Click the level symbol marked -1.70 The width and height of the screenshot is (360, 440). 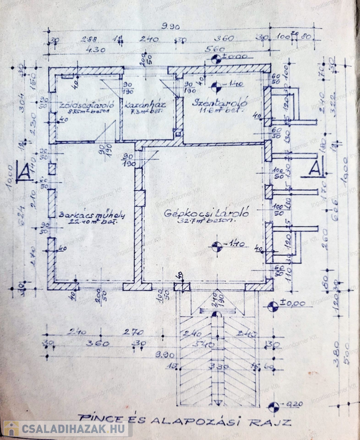217,246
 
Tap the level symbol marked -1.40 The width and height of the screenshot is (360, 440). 216,87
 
